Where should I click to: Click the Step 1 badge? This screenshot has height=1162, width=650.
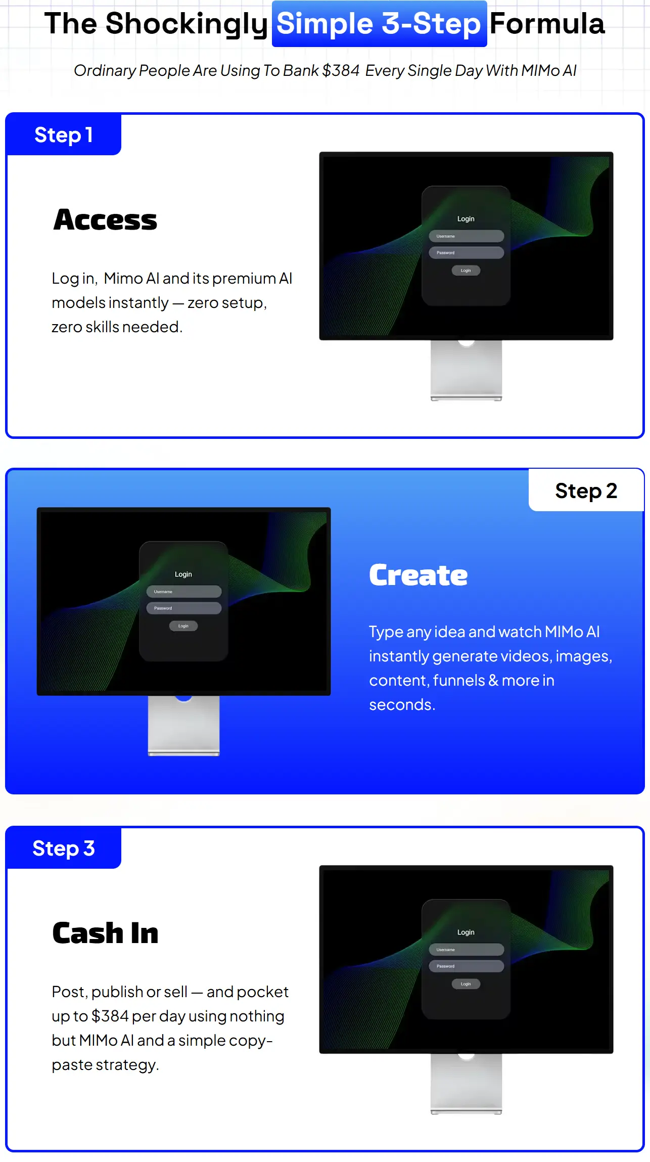coord(64,135)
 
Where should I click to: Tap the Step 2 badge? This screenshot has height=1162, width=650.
coord(586,490)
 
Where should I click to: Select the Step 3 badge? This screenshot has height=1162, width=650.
coord(64,848)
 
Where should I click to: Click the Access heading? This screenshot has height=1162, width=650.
coord(105,220)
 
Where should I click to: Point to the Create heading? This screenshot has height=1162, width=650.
coord(419,575)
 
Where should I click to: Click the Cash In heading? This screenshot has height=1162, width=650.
coord(105,933)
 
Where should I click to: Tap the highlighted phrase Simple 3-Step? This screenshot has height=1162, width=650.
coord(379,24)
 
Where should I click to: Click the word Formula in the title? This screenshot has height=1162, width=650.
coord(547,24)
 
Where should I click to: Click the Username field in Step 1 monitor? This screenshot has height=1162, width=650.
coord(467,236)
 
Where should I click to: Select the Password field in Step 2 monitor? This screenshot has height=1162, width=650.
coord(184,608)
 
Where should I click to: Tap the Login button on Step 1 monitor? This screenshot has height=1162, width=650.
coord(466,271)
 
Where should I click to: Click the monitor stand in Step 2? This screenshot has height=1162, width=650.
coord(184,726)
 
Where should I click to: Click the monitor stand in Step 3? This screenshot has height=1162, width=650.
coord(467,1084)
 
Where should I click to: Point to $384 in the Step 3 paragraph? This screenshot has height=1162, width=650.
coord(110,1016)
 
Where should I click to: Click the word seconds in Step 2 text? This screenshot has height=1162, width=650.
coord(402,704)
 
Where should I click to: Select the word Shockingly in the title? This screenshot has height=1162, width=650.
coord(187,24)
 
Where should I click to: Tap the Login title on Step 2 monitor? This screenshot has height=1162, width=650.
coord(183,574)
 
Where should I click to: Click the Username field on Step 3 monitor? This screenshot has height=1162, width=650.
coord(467,950)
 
